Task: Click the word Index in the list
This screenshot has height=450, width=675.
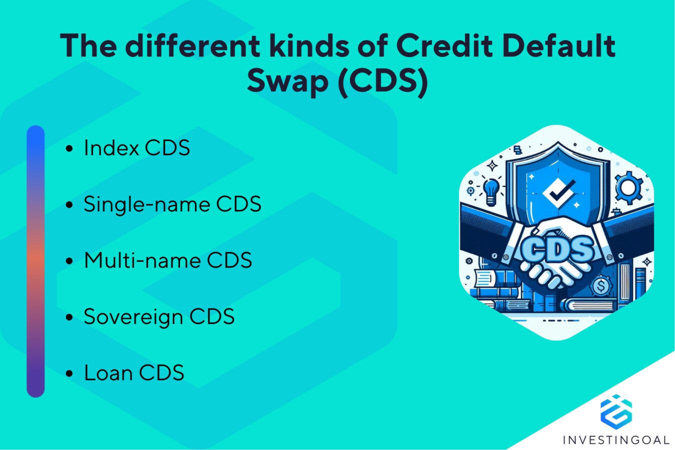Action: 111,148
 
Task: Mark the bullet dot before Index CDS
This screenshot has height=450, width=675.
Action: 69,148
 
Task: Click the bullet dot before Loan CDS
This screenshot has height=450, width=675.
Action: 69,373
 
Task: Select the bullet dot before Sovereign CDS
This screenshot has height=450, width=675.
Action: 69,317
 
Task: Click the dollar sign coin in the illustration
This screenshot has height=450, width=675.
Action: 601,287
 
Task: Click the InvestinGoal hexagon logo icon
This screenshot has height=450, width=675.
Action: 615,411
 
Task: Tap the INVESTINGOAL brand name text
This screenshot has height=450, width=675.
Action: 616,440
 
